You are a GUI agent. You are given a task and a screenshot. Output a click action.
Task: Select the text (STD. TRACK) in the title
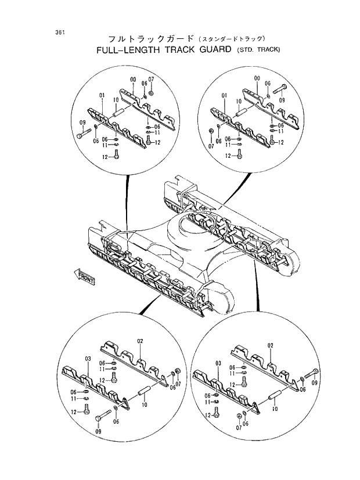(258, 50)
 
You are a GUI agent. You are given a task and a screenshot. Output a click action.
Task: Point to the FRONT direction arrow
(84, 276)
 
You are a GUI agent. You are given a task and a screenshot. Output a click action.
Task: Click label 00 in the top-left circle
(133, 80)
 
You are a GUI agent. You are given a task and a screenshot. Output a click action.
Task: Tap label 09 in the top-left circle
(82, 122)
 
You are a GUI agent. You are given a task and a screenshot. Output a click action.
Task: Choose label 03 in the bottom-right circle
(219, 363)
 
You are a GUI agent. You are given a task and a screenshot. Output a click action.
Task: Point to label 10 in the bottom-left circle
(145, 404)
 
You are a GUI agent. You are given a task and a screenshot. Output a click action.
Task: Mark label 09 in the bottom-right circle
(315, 384)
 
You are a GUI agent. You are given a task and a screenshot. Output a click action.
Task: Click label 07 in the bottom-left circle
(178, 384)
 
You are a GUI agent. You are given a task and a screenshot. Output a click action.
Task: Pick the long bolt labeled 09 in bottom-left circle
(103, 416)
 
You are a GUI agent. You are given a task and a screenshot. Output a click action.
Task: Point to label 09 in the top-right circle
(282, 100)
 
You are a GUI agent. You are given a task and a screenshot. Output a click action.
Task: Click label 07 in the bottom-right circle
(239, 428)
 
